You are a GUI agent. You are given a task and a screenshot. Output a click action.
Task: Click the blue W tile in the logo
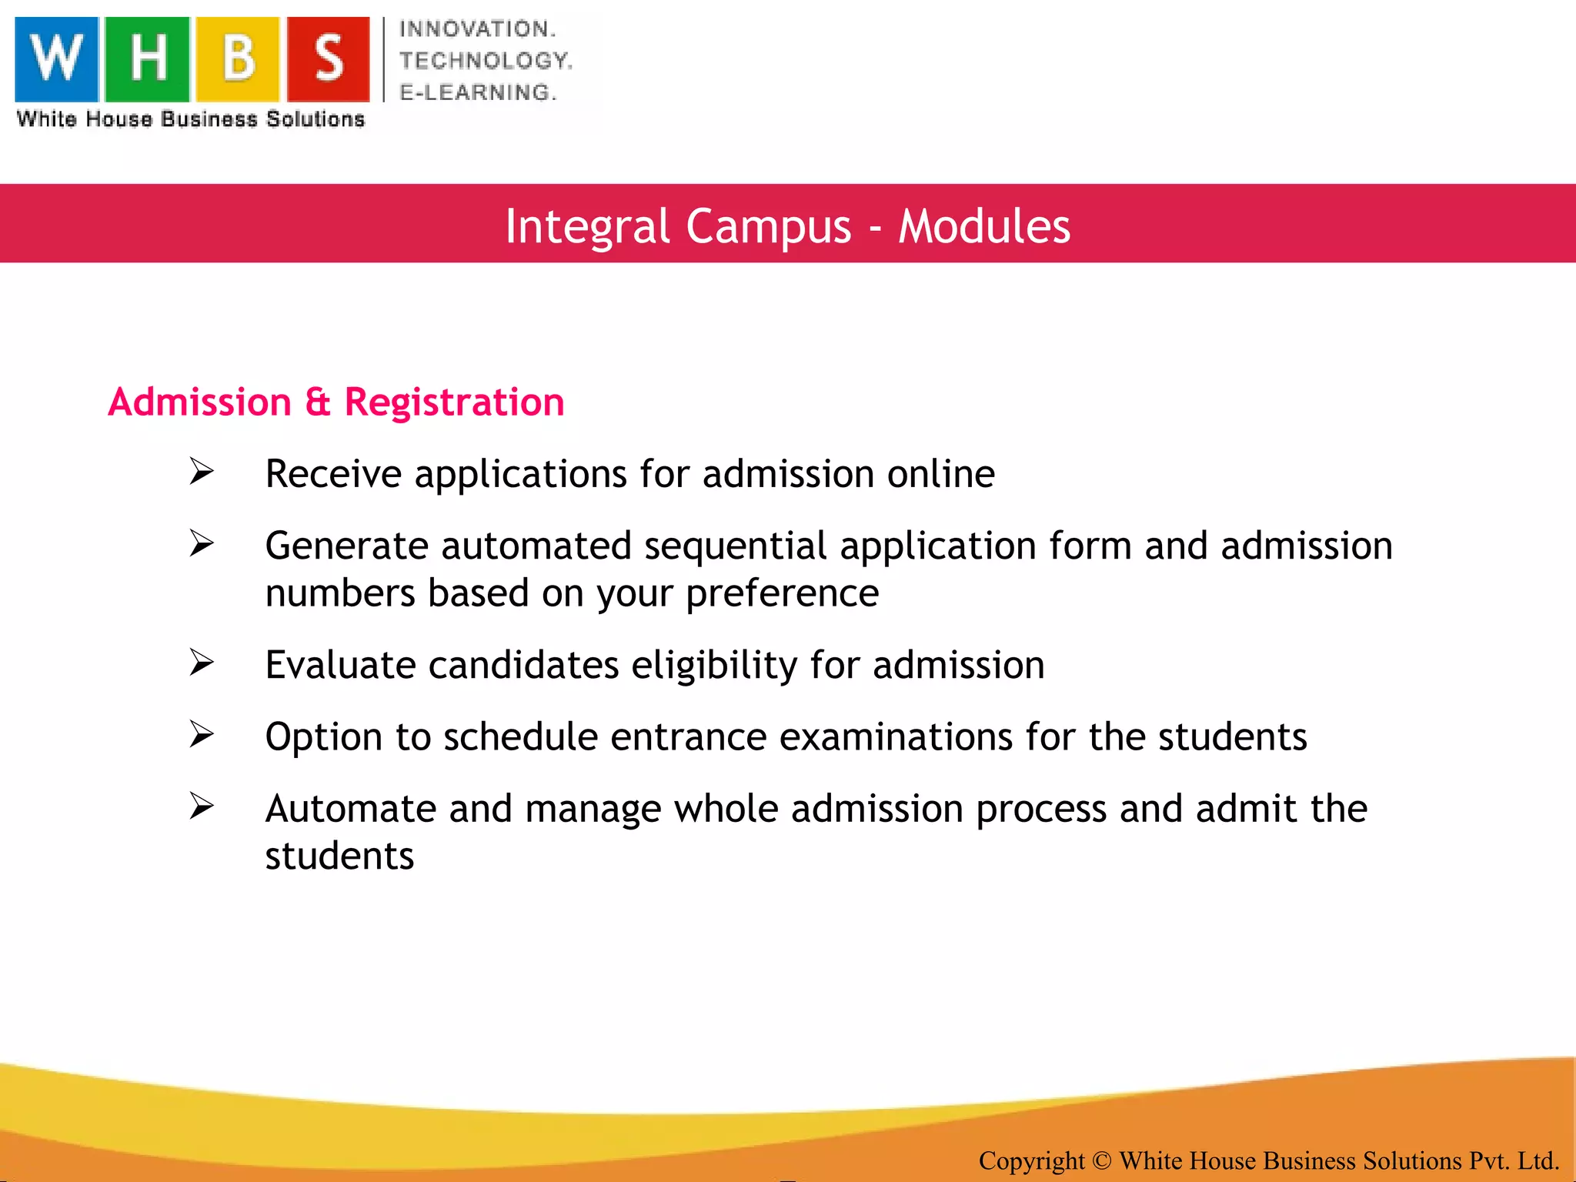tap(57, 59)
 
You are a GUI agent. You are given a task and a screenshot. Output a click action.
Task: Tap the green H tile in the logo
tap(147, 59)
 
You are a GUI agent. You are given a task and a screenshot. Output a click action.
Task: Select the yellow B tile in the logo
tap(237, 59)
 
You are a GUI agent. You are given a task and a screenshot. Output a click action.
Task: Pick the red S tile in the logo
tap(329, 59)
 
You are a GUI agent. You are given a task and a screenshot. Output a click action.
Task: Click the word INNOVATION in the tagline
tap(477, 29)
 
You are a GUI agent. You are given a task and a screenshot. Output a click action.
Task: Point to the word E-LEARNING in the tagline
tap(477, 92)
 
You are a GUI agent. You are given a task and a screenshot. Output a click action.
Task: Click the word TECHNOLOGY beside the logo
tap(485, 61)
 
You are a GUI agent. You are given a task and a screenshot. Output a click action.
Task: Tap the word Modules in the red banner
tap(984, 226)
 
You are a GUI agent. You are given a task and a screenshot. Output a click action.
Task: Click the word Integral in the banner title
tap(587, 226)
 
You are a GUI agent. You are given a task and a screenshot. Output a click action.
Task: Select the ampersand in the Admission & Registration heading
tap(317, 402)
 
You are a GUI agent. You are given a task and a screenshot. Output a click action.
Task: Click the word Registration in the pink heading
tap(454, 402)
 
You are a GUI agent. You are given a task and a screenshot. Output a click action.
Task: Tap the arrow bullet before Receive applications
tap(202, 472)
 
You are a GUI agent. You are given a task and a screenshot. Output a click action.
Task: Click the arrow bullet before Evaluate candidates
tap(202, 663)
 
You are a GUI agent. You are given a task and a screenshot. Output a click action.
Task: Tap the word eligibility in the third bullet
tap(714, 666)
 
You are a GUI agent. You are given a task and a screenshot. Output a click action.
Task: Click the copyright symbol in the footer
tap(1101, 1160)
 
